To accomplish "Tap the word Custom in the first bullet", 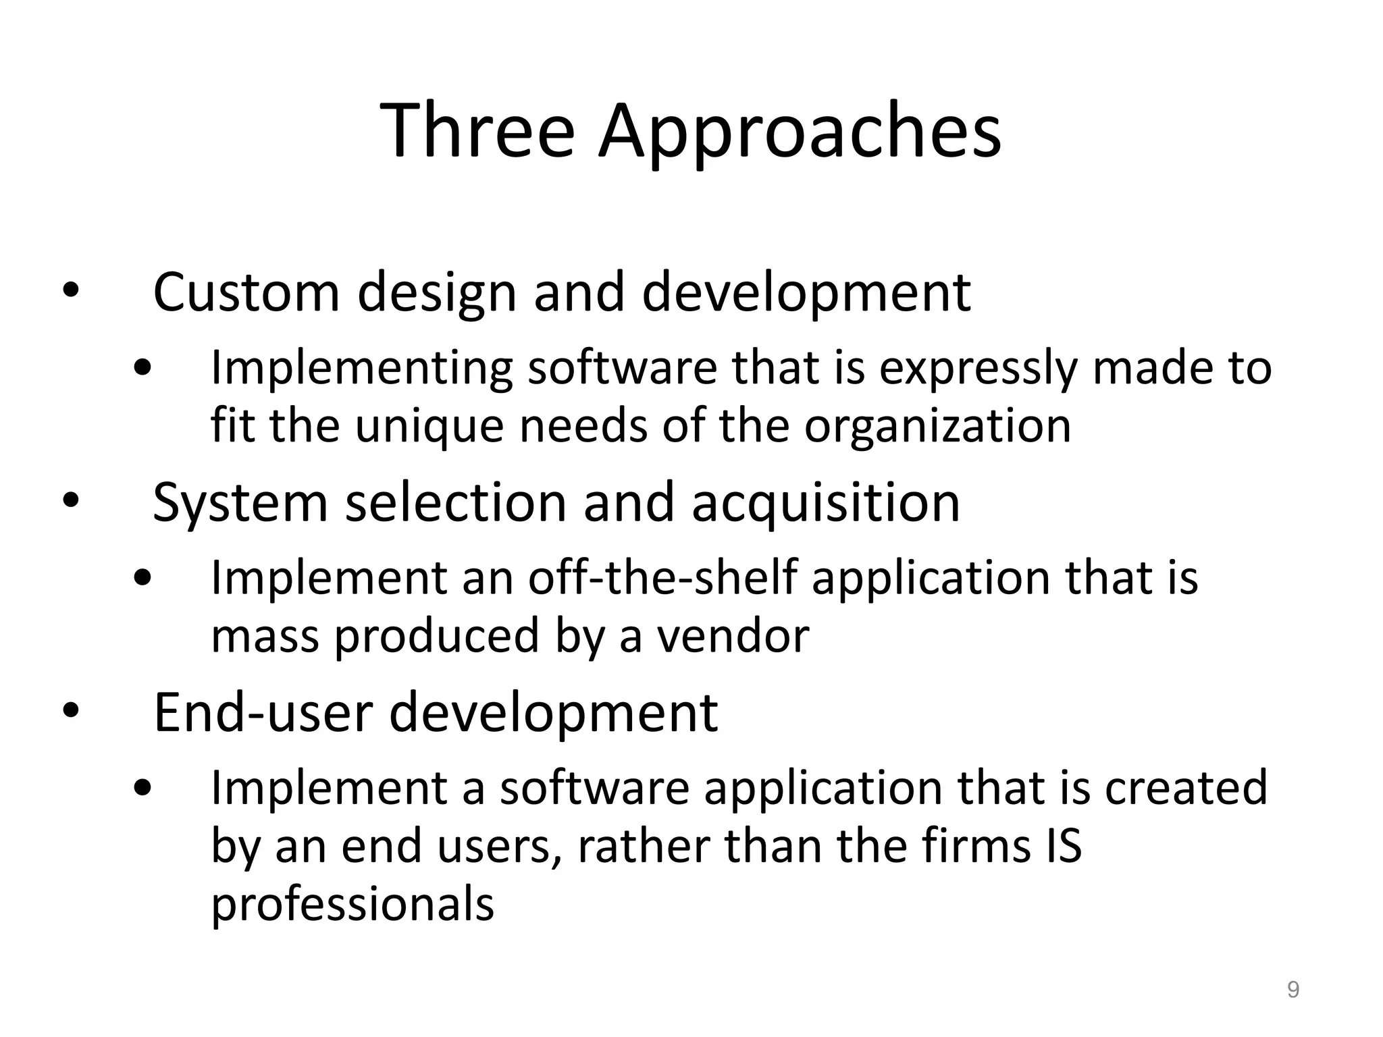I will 246,292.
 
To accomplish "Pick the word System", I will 240,504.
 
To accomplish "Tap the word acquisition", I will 825,504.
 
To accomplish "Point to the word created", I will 1186,788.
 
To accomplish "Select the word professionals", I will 353,905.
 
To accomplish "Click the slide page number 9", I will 1293,990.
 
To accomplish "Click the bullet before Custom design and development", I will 70,292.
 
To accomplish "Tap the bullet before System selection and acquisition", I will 70,502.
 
